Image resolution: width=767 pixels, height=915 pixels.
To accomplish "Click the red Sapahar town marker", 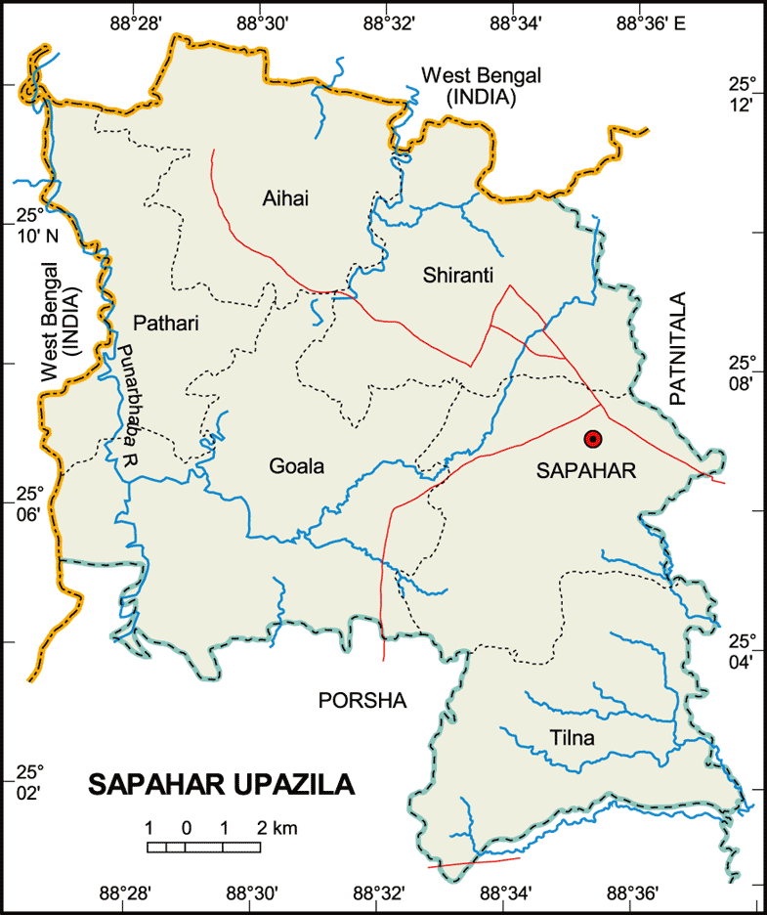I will (592, 438).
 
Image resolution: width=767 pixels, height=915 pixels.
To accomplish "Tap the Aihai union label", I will (285, 199).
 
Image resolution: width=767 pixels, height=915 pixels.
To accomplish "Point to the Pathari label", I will (167, 323).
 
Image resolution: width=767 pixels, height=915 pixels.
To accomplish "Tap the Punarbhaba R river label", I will (122, 408).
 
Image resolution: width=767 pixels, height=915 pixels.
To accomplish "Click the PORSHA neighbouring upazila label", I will (362, 700).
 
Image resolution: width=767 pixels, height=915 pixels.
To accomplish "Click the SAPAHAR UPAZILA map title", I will (222, 785).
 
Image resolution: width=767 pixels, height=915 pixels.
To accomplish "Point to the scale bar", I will (203, 847).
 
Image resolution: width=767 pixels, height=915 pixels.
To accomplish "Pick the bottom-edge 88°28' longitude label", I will (126, 893).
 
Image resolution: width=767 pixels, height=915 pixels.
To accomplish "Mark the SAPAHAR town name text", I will (586, 471).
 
